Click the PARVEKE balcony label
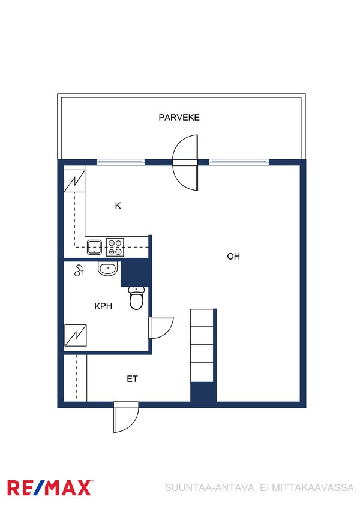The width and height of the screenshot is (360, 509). (179, 117)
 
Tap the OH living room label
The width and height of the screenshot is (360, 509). (233, 257)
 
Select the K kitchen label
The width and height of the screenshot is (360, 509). (118, 206)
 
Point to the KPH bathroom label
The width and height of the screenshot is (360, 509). (103, 306)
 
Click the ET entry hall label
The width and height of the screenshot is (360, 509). (132, 379)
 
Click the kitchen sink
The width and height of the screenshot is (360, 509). (95, 248)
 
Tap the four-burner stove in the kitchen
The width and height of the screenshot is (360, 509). (115, 248)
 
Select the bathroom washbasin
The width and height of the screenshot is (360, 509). (107, 269)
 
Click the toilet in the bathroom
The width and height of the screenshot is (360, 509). (136, 298)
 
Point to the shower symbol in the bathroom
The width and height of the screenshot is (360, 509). (79, 270)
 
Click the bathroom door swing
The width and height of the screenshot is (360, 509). (161, 327)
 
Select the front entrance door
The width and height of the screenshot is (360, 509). (126, 417)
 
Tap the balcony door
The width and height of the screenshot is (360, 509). (185, 162)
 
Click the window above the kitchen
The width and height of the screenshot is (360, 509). (121, 162)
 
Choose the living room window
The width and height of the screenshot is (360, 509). (239, 162)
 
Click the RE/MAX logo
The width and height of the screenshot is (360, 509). (50, 487)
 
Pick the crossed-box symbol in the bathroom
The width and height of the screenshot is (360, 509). (76, 335)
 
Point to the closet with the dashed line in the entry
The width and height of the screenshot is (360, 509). (76, 378)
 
